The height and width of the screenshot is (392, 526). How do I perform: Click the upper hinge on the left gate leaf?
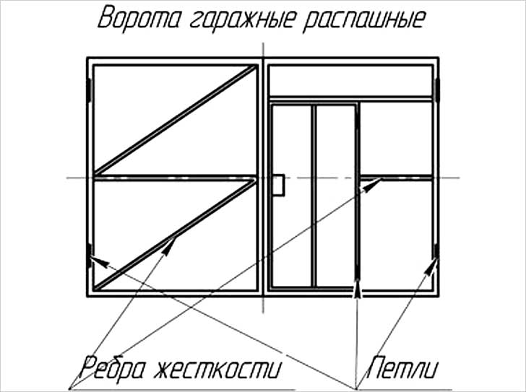90,90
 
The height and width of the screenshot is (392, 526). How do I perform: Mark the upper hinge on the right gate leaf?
437,90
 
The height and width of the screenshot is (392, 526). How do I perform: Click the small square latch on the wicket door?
278,185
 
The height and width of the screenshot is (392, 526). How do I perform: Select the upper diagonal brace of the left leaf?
176,120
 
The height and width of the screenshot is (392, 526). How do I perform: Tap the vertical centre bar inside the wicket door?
314,195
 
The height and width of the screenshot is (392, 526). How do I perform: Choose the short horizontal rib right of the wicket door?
397,177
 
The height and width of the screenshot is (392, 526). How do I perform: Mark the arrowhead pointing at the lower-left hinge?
98,261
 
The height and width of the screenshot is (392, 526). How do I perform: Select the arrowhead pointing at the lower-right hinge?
434,265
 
